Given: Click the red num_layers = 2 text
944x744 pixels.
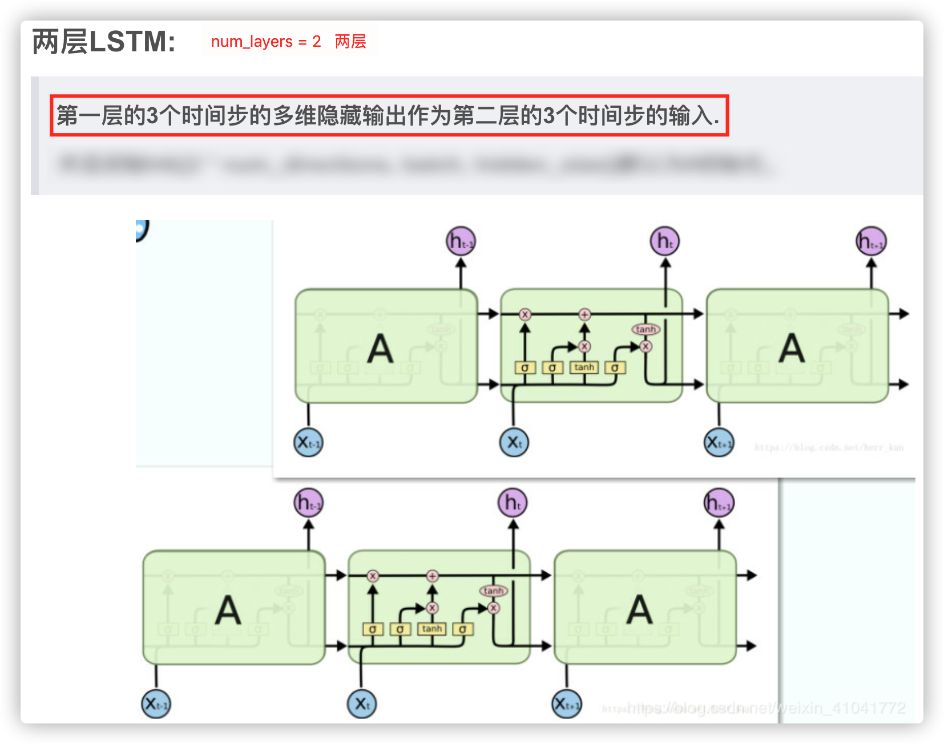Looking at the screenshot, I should click(x=265, y=42).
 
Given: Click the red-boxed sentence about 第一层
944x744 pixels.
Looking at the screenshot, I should click(x=389, y=116).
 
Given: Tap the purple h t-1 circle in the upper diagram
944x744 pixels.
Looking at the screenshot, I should click(x=460, y=241).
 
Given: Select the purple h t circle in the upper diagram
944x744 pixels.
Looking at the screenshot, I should click(x=665, y=241).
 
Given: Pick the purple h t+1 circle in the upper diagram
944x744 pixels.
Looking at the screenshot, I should click(x=871, y=242).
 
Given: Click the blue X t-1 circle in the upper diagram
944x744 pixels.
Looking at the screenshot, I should click(x=308, y=443).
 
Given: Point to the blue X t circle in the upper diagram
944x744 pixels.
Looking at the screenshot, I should click(x=514, y=443).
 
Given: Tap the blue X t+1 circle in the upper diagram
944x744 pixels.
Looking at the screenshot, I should click(x=719, y=443).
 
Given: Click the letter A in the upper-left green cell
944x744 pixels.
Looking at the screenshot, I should click(x=380, y=349).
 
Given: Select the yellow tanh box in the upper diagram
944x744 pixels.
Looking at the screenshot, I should click(x=584, y=367).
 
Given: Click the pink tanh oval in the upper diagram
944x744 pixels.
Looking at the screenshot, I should click(x=646, y=329).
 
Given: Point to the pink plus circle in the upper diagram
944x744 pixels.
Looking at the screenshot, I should click(x=584, y=314).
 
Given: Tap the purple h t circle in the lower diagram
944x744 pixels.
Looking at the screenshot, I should click(x=513, y=503).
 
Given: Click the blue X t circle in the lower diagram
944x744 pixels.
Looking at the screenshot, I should click(x=361, y=704).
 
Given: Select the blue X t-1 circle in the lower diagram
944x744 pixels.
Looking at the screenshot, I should click(x=156, y=704).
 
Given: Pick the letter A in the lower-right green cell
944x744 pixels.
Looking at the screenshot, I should click(x=639, y=610).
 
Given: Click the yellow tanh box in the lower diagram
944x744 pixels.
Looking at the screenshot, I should click(x=432, y=629).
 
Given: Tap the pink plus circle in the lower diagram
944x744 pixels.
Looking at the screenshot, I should click(x=432, y=576).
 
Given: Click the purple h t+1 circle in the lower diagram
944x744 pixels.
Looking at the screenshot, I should click(x=719, y=503).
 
